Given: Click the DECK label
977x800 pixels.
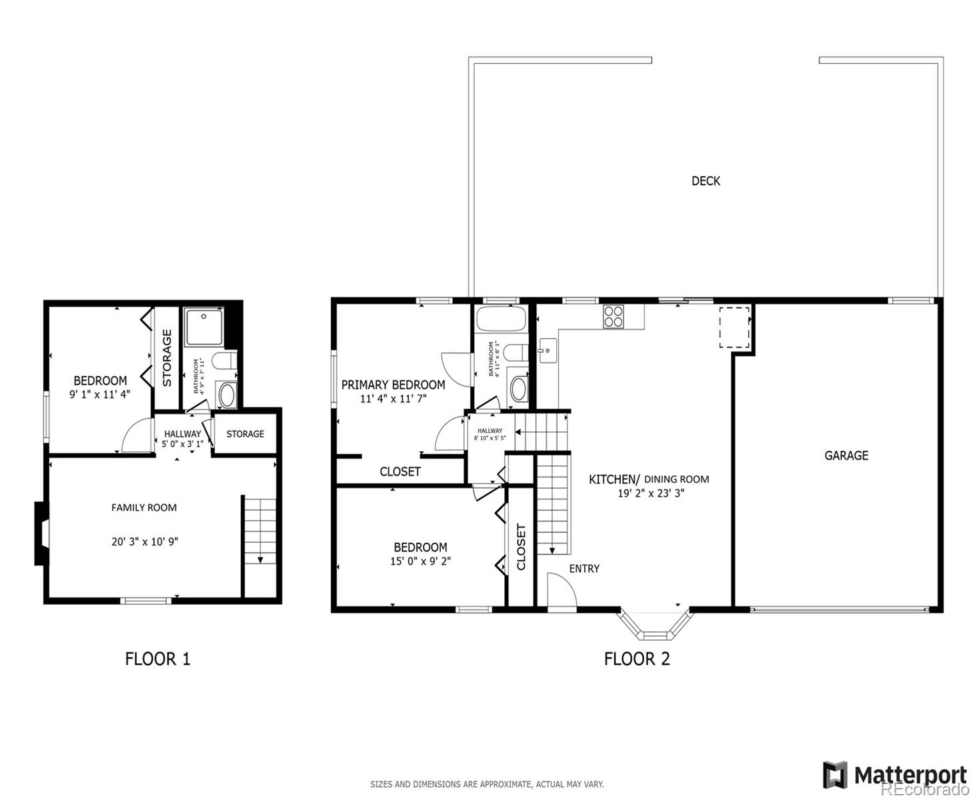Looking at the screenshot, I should tap(706, 181).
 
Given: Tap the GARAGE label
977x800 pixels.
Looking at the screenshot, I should tap(846, 455).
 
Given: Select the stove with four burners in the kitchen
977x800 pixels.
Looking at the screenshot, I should tap(613, 316).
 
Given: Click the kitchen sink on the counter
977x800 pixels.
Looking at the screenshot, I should tap(547, 350).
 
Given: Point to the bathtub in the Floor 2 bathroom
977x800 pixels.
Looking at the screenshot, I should tap(500, 319).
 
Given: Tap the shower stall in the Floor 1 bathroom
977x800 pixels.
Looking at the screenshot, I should tap(204, 327).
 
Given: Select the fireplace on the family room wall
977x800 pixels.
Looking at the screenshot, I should tap(41, 533).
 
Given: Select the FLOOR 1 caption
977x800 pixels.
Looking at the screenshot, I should tap(157, 659).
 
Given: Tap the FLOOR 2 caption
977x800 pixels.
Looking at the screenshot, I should tap(636, 659).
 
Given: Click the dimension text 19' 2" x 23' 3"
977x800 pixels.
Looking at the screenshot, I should tap(651, 493).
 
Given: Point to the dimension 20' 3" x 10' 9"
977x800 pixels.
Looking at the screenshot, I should tap(145, 541).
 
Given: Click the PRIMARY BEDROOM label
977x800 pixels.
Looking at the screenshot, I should tap(393, 385).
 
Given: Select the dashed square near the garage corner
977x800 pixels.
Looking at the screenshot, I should tap(734, 327).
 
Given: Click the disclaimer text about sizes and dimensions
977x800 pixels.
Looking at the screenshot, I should tap(487, 784).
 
